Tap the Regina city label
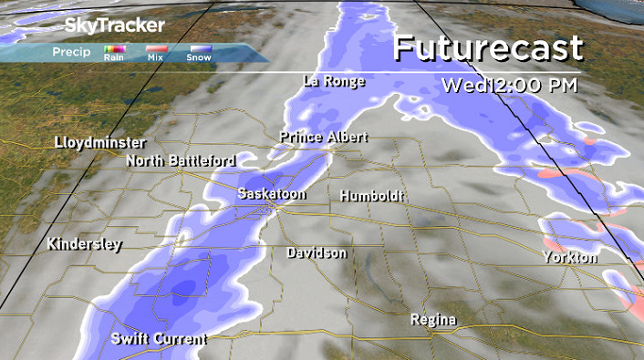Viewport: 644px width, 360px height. coord(433,320)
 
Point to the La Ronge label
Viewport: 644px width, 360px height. coord(334,82)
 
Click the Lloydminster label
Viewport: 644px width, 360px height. coord(99,143)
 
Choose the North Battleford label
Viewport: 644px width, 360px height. coord(181,161)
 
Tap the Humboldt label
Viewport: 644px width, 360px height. coord(369,196)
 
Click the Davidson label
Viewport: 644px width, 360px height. coord(316,252)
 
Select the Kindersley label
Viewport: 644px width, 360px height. coord(84,245)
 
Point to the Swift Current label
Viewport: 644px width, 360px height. coord(159,339)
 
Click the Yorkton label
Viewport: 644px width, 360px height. coord(569,258)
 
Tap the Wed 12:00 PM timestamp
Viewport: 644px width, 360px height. coord(509,87)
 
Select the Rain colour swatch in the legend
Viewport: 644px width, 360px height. coord(114,49)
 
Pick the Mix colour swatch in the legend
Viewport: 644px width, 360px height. coord(156,49)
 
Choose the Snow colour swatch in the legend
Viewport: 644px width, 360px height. coord(198,49)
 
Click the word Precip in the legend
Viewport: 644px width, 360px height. coord(71,52)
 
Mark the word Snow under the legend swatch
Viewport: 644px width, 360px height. coord(198,58)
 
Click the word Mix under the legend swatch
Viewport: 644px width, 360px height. coord(156,58)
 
